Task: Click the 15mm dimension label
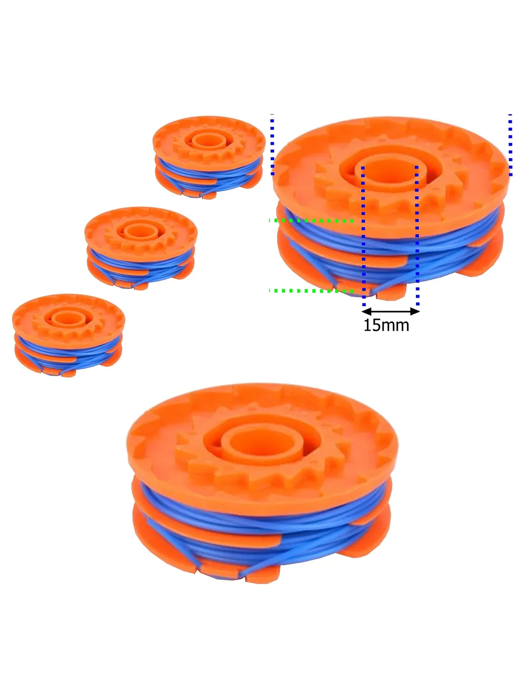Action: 386,325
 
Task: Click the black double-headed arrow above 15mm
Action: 391,311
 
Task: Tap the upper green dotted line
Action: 311,220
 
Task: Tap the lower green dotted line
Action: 311,291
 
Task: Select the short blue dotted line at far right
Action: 510,145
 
